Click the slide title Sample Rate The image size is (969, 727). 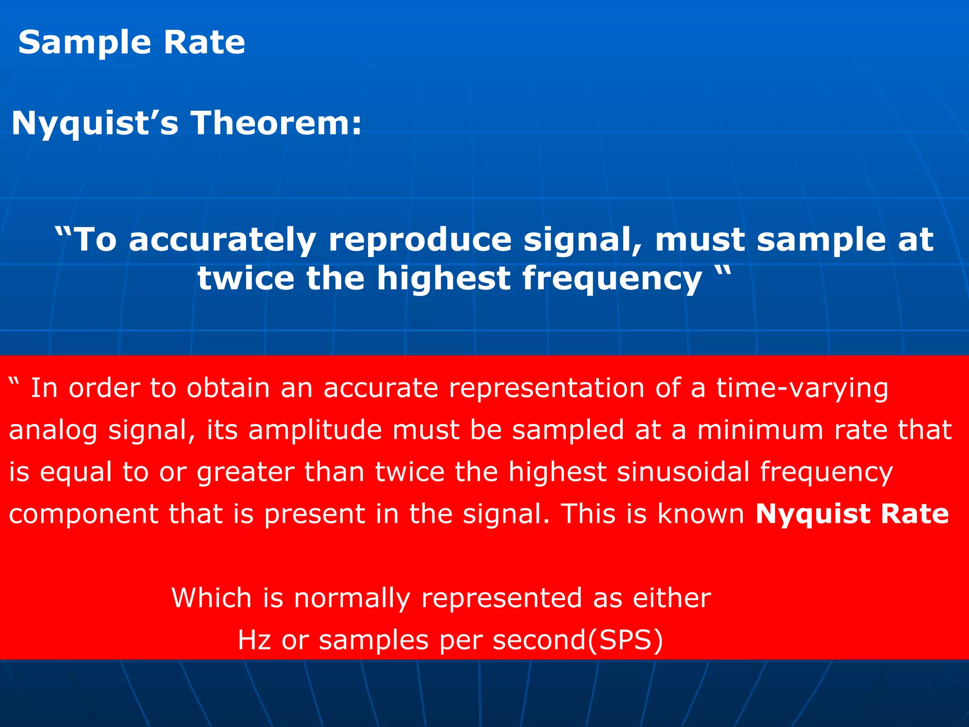click(132, 43)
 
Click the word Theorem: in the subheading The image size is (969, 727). click(276, 123)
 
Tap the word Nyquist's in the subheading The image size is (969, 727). click(95, 124)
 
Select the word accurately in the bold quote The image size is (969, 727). click(222, 240)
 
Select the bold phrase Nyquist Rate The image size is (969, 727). click(852, 514)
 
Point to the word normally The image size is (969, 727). click(352, 598)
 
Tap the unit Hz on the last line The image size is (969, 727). click(254, 640)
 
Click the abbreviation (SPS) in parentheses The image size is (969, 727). click(625, 640)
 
